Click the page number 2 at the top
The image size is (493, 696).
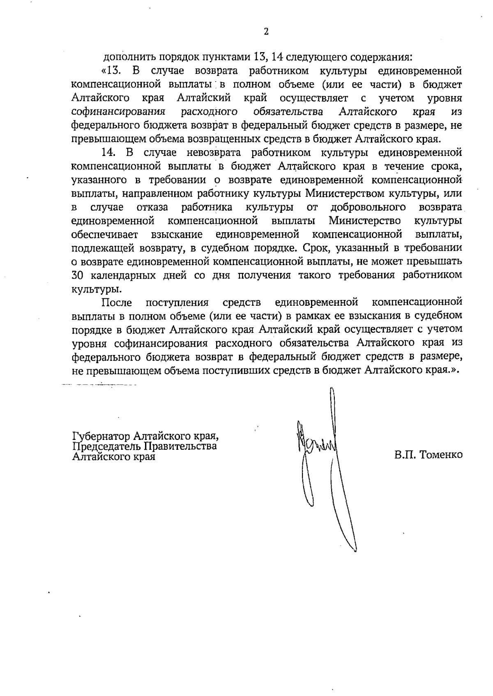tap(266, 32)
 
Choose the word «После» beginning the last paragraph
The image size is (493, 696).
tap(117, 302)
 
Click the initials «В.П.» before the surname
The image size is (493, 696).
tap(404, 455)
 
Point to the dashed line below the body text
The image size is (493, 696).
tap(99, 385)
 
